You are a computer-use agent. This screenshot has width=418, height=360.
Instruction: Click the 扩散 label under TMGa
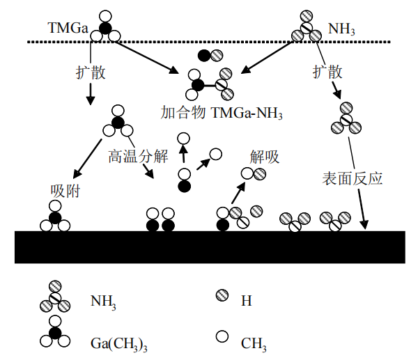click(91, 72)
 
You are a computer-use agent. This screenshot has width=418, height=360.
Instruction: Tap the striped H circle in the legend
click(222, 298)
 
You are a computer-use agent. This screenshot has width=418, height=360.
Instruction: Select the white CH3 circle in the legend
click(222, 337)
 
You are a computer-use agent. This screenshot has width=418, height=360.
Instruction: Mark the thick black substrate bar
click(209, 246)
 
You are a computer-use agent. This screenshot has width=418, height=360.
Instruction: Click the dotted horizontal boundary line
click(209, 42)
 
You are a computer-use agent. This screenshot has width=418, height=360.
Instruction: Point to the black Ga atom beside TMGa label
click(106, 28)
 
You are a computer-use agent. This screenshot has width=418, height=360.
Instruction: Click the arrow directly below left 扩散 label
click(91, 94)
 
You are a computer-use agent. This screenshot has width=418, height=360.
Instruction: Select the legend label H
click(246, 302)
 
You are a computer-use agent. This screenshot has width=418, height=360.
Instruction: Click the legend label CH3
click(254, 343)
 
